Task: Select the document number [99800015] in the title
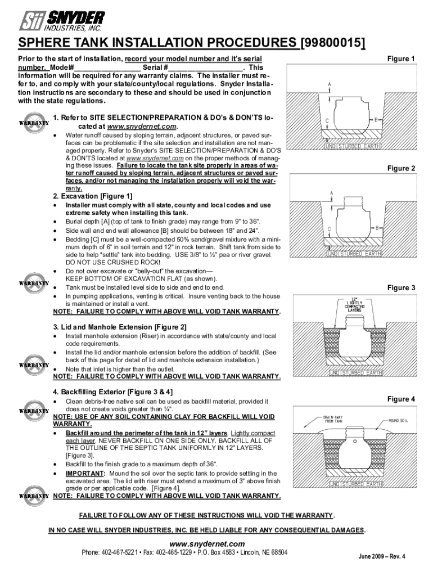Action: click(x=333, y=43)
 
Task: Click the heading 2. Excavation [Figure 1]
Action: click(x=93, y=196)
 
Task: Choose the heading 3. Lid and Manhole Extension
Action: click(x=120, y=327)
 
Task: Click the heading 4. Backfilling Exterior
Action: click(x=112, y=391)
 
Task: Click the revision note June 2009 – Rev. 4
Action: click(x=382, y=557)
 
